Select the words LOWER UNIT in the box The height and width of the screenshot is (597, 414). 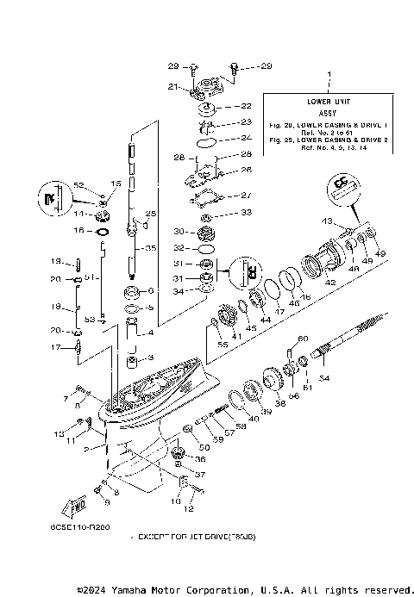(x=327, y=101)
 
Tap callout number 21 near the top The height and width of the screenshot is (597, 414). (x=173, y=86)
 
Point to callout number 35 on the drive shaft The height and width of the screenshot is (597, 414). (x=151, y=248)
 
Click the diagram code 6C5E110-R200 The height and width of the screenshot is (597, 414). (x=86, y=526)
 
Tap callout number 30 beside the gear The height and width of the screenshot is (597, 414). (x=179, y=231)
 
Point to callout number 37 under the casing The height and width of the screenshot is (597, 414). (x=201, y=474)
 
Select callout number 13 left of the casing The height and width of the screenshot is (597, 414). (x=60, y=432)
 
